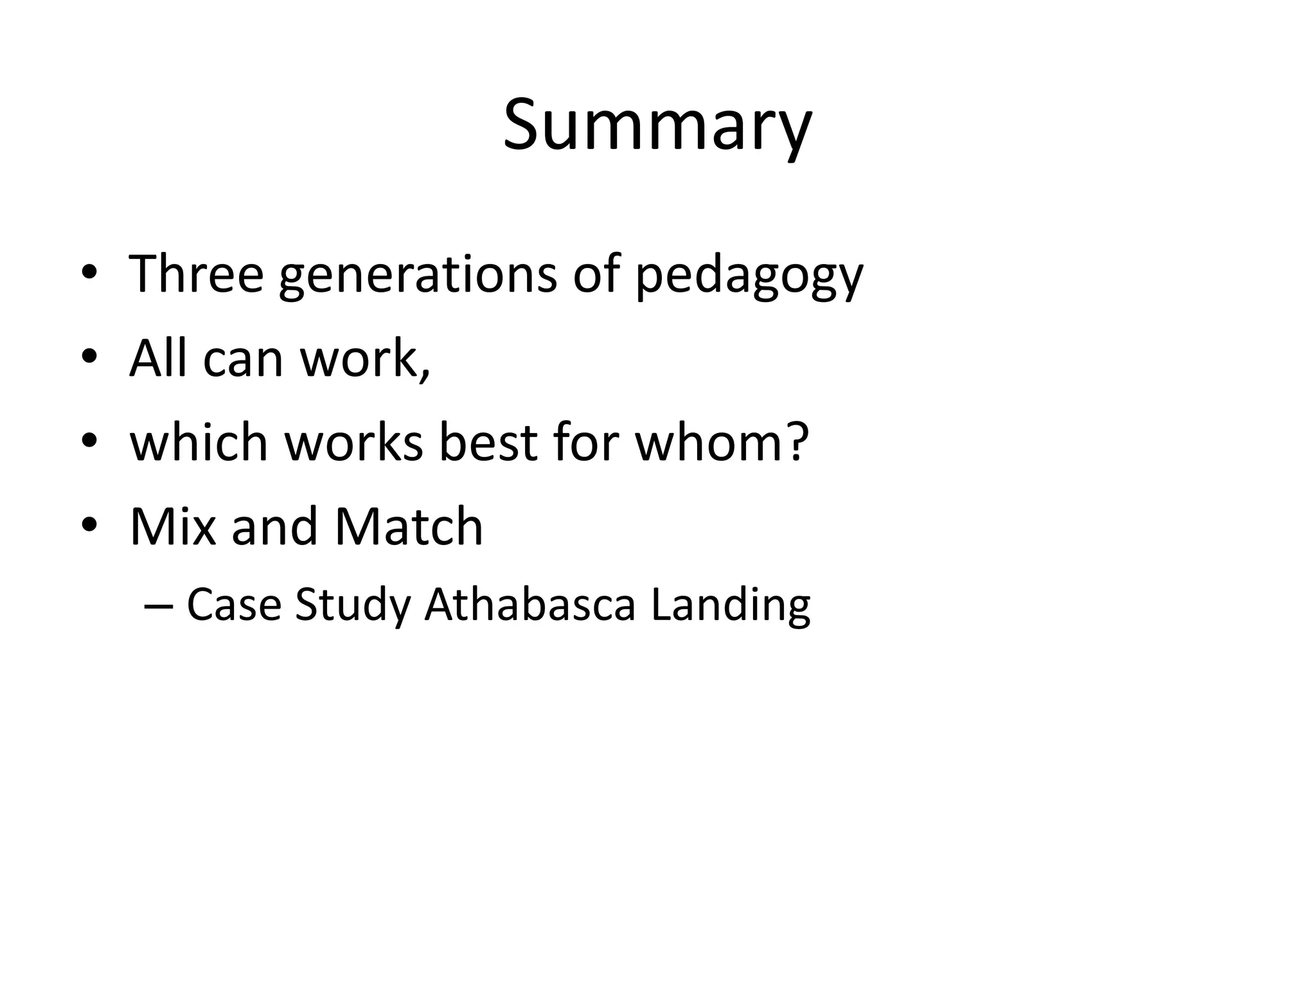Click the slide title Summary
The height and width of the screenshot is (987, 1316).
pos(657,126)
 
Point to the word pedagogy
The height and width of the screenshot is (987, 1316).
pos(749,278)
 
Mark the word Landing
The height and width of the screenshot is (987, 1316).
pos(731,607)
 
